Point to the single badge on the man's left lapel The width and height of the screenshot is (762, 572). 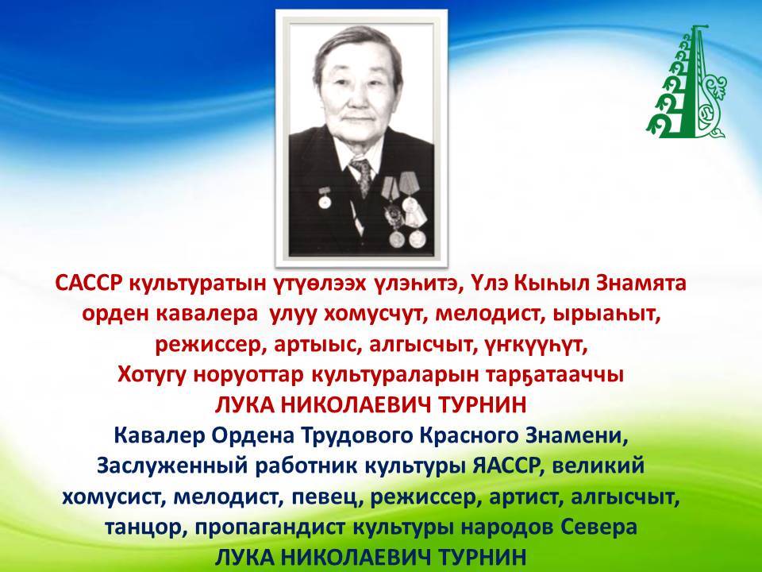point(324,196)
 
